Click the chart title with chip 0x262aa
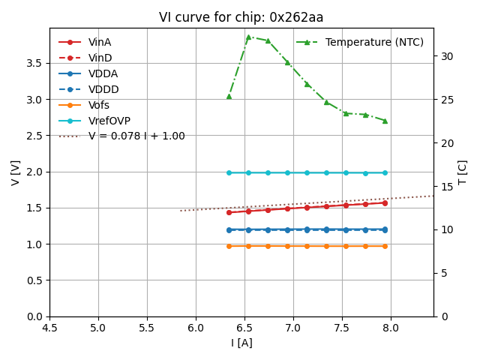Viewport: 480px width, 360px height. pos(241,17)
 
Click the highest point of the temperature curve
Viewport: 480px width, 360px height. pos(248,37)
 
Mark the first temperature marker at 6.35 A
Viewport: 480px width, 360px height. pos(229,96)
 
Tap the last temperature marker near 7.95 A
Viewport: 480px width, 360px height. pos(385,121)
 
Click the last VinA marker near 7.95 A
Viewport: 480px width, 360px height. pos(385,202)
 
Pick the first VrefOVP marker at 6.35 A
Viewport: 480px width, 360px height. pos(229,172)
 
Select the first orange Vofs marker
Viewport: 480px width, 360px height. pos(229,246)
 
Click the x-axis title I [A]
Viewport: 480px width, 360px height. pos(241,343)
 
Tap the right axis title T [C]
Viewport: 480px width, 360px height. pos(463,172)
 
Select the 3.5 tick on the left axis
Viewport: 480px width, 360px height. pos(34,63)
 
